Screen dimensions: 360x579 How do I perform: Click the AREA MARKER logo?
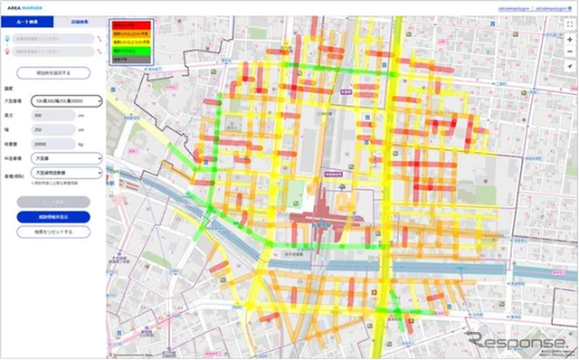coord(32,7)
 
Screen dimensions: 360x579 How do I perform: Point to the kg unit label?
coord(82,143)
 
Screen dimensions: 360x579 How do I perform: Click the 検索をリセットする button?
coord(52,232)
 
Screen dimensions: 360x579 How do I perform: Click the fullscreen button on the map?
coord(568,23)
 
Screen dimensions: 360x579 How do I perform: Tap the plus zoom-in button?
coord(568,41)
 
